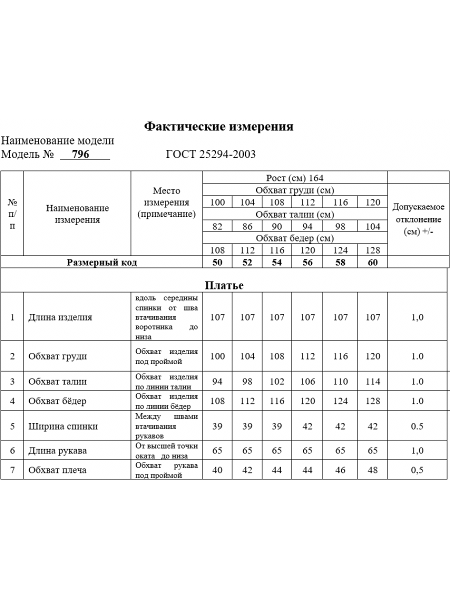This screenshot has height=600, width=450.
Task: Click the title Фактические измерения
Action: pos(218,126)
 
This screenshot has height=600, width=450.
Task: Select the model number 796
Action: pos(80,154)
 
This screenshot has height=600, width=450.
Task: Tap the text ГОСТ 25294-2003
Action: pos(210,154)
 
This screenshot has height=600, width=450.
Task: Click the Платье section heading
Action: pos(224,285)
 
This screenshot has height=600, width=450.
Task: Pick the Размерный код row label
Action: pos(101,262)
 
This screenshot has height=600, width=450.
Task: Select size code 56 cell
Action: pos(307,262)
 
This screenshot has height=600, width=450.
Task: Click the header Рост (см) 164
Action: pos(294,178)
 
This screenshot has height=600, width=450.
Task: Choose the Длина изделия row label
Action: pos(60,317)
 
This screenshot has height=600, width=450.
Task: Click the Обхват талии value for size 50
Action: pos(217,381)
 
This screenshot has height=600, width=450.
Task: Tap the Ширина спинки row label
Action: pos(63,426)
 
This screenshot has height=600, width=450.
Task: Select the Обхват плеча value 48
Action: pos(372,470)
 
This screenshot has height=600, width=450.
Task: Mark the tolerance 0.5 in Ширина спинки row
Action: pos(417,426)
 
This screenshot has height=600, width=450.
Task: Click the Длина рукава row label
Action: pos(57,450)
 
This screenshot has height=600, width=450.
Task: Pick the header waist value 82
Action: pos(217,226)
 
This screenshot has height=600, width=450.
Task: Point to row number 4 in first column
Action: pos(12,401)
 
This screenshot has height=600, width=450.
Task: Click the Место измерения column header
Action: pos(166,202)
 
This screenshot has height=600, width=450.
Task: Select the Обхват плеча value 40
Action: pos(217,470)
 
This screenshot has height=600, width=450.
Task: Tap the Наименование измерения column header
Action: pos(77,213)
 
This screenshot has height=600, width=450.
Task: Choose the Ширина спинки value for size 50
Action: pos(217,426)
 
